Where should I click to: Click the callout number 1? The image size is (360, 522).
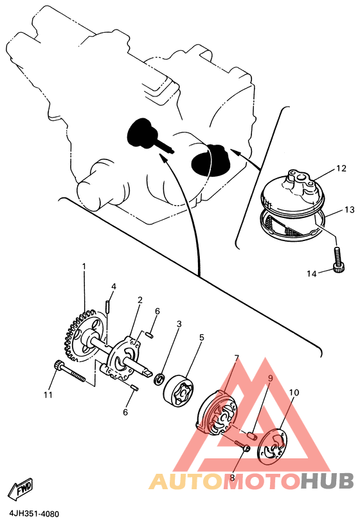coord(84,267)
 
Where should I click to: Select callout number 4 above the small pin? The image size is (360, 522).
coord(114,286)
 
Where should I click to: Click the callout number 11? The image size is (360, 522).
coord(48,395)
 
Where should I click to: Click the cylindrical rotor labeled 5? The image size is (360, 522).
coord(180,391)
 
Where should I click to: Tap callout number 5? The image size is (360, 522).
coord(201,337)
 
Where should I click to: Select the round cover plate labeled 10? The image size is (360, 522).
coord(273,446)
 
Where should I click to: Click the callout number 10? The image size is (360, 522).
coord(294,393)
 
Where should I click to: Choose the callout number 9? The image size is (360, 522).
coord(271,378)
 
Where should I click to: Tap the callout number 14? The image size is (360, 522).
coord(311,274)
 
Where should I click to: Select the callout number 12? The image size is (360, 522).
coord(341,168)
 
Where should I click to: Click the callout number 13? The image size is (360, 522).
coord(350,210)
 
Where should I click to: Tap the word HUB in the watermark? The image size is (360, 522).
coord(327,481)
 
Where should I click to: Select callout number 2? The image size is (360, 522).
coord(140,300)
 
